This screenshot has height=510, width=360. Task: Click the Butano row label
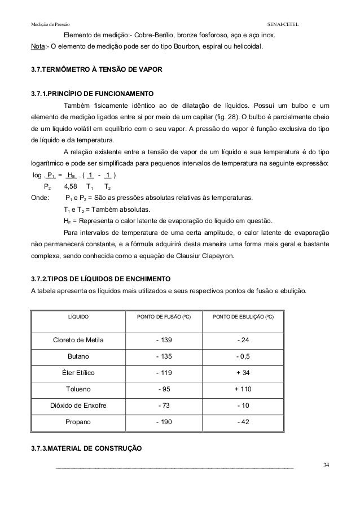coord(78,356)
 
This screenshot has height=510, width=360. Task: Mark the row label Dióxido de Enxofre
coord(78,406)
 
